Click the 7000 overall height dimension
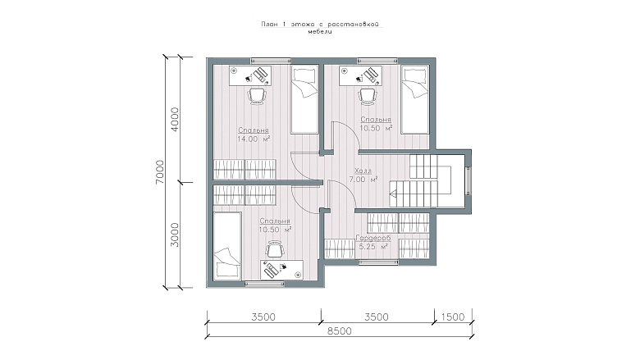160,171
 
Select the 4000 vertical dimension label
174,119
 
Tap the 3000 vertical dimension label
174,235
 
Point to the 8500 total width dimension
340,330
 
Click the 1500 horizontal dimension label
453,317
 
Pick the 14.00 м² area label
254,139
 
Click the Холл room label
363,171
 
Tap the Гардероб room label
373,238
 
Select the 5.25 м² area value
373,247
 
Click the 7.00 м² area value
363,180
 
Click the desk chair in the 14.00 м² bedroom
257,97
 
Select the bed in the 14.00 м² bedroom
304,99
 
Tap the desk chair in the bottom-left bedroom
275,249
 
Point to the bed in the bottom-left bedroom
227,246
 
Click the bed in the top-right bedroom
415,99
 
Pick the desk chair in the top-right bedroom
368,97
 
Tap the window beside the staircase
469,181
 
